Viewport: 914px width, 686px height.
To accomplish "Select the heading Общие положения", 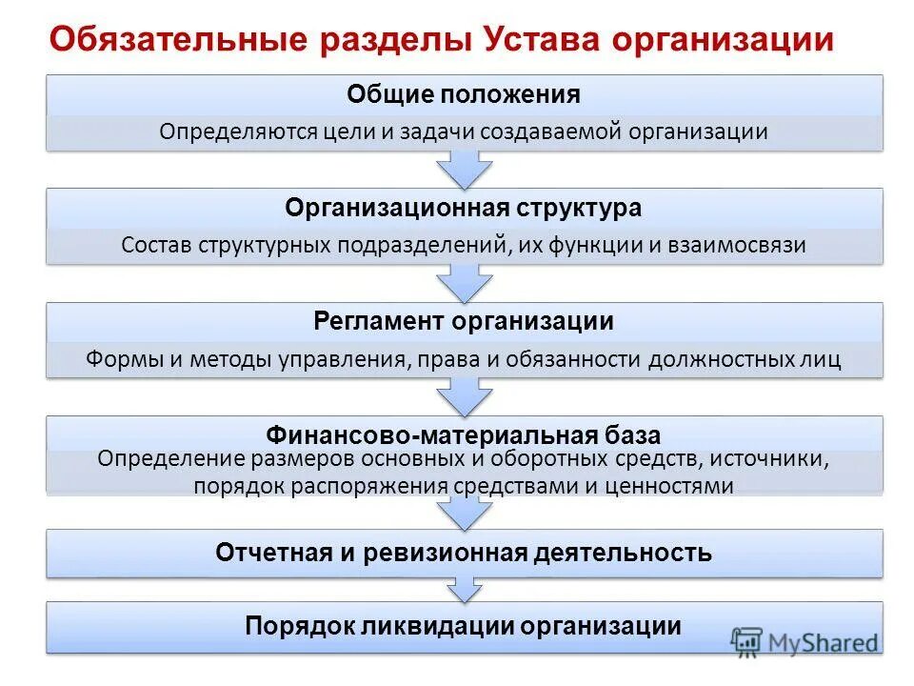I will (x=464, y=94).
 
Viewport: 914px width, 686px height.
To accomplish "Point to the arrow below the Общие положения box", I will (x=464, y=169).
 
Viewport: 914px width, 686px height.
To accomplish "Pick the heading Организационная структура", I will (x=464, y=208).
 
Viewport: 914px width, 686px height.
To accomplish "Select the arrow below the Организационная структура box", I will (x=464, y=282).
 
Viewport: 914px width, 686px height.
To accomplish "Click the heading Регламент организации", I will (x=464, y=321).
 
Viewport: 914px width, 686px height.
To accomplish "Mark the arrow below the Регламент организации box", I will (x=464, y=394).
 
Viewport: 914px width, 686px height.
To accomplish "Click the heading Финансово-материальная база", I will (x=464, y=436).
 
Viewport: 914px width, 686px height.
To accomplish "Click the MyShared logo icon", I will (x=748, y=641).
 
